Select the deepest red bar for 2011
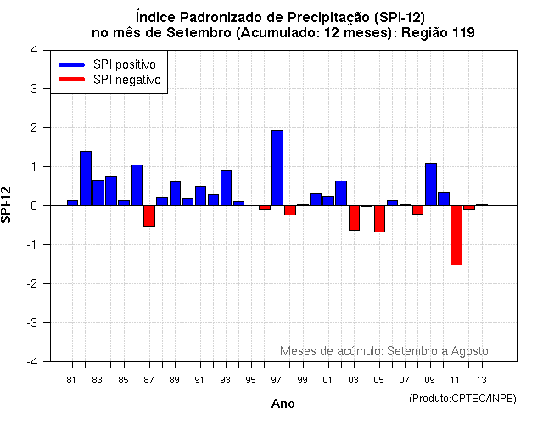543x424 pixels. coord(456,235)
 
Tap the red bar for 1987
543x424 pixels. coord(149,216)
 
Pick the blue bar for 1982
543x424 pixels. coord(86,178)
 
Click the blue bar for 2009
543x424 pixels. coord(430,184)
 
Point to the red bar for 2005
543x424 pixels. coord(379,219)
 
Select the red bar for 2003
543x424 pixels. coord(354,218)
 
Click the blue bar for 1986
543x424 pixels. coord(137,185)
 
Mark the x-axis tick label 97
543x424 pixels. coord(277,380)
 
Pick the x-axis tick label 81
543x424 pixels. coord(71,380)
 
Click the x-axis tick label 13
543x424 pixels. coord(482,380)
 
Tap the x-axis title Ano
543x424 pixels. coord(283,404)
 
